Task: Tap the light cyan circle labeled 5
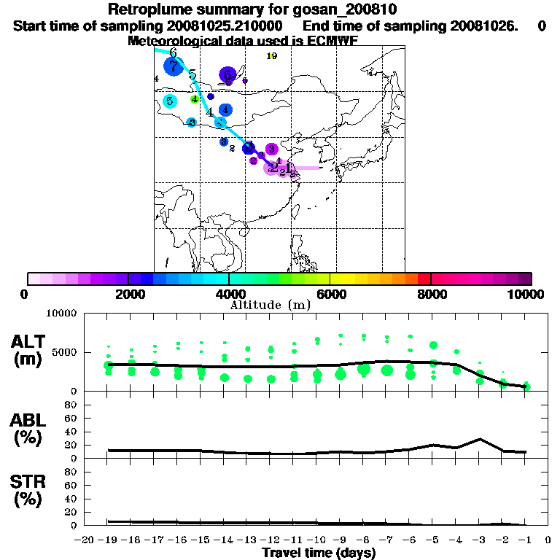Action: pyautogui.click(x=170, y=101)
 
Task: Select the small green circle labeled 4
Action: pyautogui.click(x=195, y=99)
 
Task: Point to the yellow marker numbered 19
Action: pyautogui.click(x=272, y=55)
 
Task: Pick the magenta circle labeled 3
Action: pyautogui.click(x=271, y=149)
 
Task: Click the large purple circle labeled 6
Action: pyautogui.click(x=227, y=74)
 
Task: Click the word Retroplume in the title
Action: pyautogui.click(x=146, y=9)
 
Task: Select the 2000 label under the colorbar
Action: pyautogui.click(x=128, y=294)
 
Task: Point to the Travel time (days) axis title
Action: pyautogui.click(x=319, y=553)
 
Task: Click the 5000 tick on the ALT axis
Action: pyautogui.click(x=66, y=352)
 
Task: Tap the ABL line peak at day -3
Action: pyautogui.click(x=480, y=439)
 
